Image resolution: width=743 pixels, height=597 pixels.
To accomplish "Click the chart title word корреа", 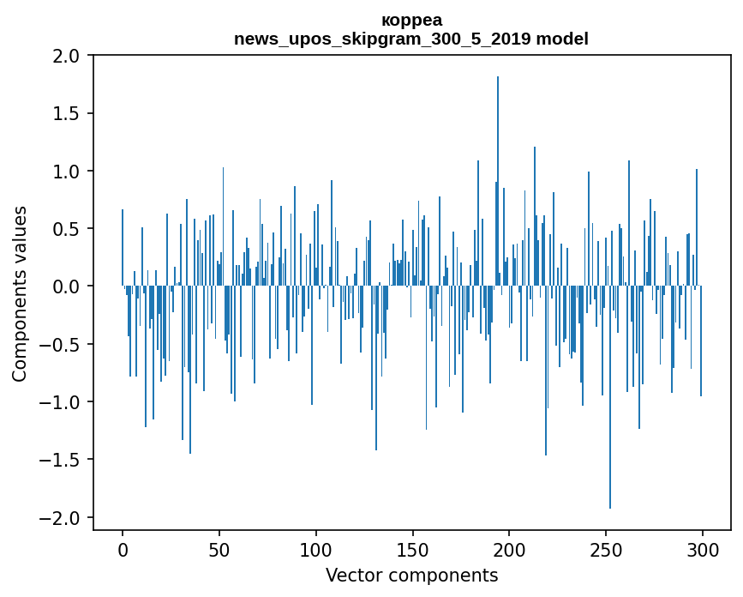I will [x=411, y=20].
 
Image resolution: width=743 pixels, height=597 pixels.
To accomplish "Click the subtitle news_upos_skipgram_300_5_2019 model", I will [x=411, y=39].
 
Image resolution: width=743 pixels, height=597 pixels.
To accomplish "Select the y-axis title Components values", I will [x=20, y=293].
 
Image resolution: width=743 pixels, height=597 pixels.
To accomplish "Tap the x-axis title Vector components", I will [x=411, y=575].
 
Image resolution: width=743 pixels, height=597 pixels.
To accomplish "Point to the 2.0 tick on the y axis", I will [x=66, y=56].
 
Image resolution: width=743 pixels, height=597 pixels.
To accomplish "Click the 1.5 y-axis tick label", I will [x=66, y=113].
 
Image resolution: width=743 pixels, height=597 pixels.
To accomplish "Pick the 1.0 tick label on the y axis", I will [x=66, y=172].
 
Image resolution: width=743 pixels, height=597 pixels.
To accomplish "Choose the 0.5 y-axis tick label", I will [x=66, y=229].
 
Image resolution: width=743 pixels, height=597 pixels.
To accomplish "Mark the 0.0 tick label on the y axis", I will [x=66, y=286].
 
